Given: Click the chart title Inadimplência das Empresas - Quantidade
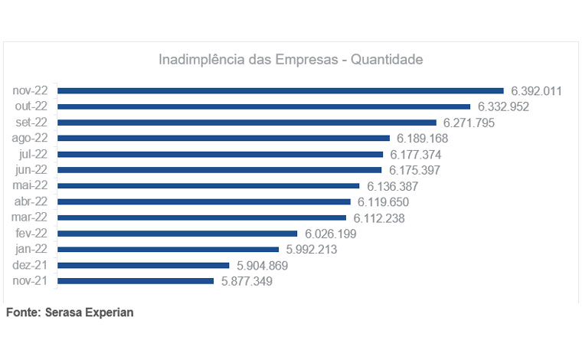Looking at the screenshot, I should pyautogui.click(x=290, y=59).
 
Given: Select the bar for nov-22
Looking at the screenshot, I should pyautogui.click(x=280, y=90).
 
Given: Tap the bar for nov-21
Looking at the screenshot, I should pyautogui.click(x=136, y=281).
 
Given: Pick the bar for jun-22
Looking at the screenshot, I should pyautogui.click(x=220, y=170).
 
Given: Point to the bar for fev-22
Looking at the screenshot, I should pyautogui.click(x=177, y=234).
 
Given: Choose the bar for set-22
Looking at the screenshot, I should pyautogui.click(x=247, y=123).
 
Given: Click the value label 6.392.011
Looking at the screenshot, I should pyautogui.click(x=536, y=90).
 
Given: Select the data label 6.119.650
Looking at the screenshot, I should pyautogui.click(x=383, y=202).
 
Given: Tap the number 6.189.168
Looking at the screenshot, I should pyautogui.click(x=422, y=139).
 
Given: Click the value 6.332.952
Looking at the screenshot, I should pyautogui.click(x=503, y=106).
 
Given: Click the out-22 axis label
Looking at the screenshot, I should pyautogui.click(x=31, y=106).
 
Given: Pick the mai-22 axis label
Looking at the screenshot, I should pyautogui.click(x=30, y=186).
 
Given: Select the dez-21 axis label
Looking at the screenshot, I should pyautogui.click(x=31, y=265).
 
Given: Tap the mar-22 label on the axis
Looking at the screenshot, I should pyautogui.click(x=30, y=218).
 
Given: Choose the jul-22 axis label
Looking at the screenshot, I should pyautogui.click(x=33, y=154).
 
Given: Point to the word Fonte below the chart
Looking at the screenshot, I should pyautogui.click(x=23, y=313).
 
